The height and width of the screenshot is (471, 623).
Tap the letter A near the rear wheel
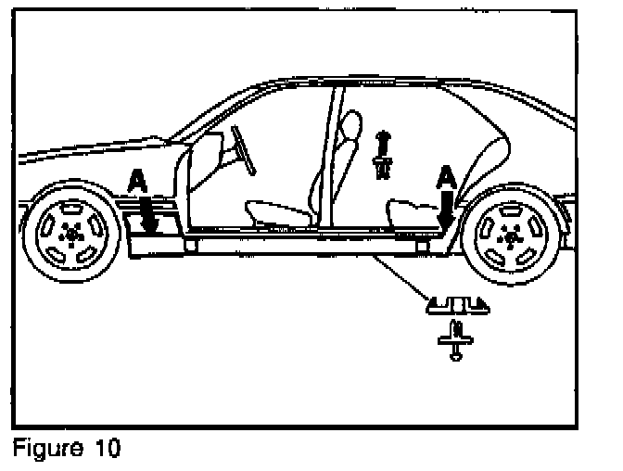click(446, 174)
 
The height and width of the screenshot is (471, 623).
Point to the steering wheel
click(243, 148)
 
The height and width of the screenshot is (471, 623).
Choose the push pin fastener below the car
click(454, 338)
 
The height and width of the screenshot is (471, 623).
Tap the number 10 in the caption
click(107, 450)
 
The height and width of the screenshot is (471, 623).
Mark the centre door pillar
click(328, 158)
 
